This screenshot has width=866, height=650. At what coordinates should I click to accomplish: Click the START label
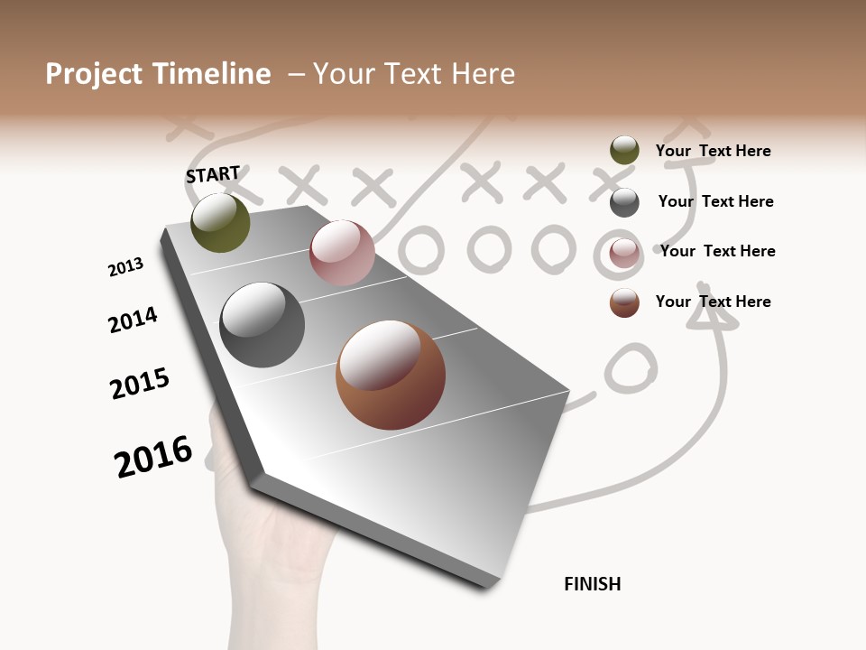[213, 174]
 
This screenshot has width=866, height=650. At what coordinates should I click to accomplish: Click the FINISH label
[592, 584]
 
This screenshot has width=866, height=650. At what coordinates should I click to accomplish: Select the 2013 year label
[125, 267]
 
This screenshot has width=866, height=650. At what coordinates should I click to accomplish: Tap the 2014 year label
[133, 320]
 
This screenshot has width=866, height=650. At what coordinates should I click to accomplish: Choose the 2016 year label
[153, 457]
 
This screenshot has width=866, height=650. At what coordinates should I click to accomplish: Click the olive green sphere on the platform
[220, 222]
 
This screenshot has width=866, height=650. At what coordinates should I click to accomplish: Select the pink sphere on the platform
[342, 253]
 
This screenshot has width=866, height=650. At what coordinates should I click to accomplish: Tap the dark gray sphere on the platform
[262, 325]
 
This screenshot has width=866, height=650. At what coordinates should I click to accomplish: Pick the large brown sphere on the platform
[391, 375]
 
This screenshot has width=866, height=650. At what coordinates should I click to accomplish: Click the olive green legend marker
[624, 151]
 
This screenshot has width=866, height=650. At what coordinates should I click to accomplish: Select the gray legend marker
[624, 202]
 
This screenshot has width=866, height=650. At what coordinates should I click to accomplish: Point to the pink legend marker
[624, 253]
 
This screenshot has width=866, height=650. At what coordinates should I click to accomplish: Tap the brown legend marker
[624, 302]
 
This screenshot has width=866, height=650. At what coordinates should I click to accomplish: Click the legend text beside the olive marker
[713, 151]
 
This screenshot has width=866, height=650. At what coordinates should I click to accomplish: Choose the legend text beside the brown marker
[713, 302]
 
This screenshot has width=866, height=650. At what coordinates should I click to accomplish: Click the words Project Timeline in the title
[158, 74]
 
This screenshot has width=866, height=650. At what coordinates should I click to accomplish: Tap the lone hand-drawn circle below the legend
[630, 369]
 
